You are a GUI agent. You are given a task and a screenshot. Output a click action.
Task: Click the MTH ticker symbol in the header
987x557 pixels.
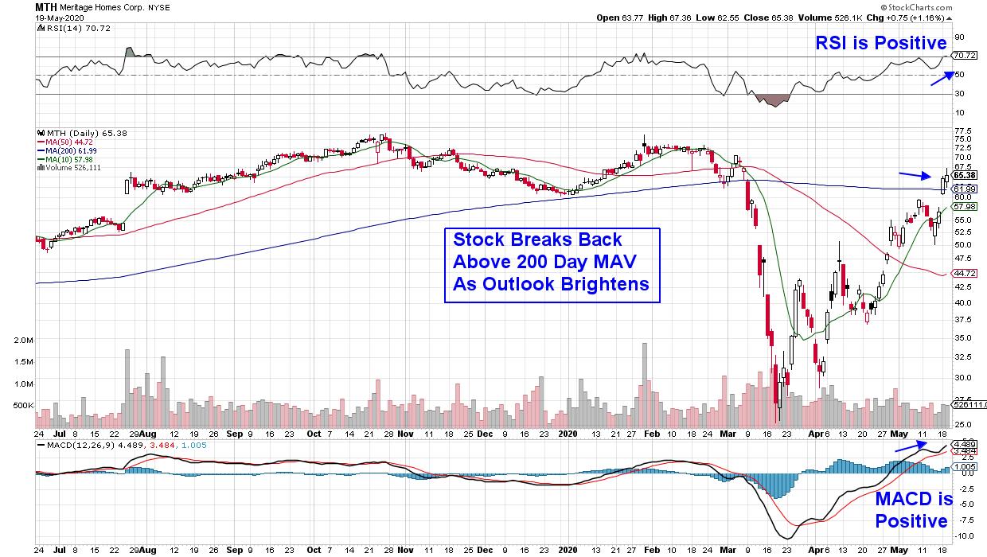pos(46,6)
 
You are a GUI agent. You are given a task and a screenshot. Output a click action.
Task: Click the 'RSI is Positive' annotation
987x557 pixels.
pos(880,43)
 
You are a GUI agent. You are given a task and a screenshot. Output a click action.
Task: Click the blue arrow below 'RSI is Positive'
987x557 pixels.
pos(942,77)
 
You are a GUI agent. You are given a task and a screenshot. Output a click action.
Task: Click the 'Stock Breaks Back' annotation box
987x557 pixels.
pos(552,265)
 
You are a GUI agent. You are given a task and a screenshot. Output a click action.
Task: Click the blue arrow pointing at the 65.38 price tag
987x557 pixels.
pos(915,175)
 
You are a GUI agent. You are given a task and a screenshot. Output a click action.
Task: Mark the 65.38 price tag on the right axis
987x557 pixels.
pos(964,176)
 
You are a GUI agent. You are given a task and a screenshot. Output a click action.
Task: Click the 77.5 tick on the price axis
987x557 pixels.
pos(962,130)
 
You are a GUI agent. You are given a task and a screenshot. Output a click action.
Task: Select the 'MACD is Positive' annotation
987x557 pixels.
pos(914,510)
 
